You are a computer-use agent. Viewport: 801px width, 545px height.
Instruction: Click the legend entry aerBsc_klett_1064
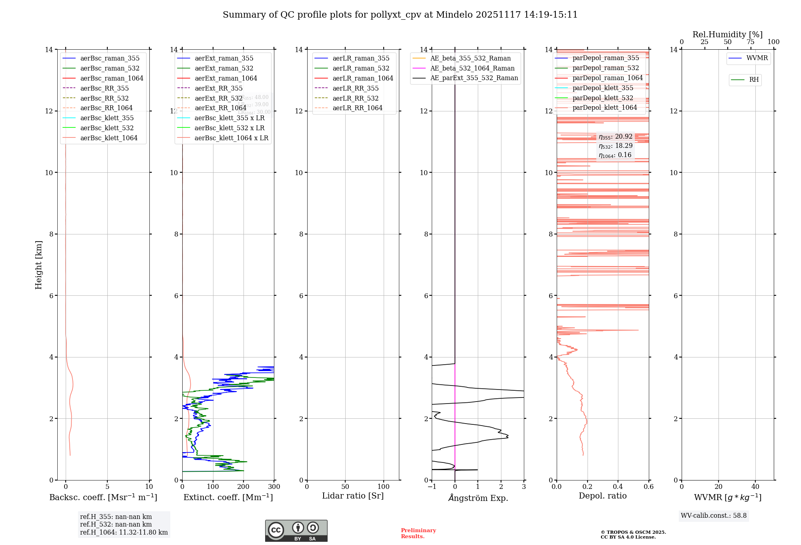click(109, 138)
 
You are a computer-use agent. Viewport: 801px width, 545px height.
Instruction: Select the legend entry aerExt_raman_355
click(224, 59)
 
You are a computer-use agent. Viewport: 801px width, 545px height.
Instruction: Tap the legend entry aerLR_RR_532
click(355, 98)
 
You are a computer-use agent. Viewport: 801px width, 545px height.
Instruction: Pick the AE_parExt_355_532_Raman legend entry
click(474, 78)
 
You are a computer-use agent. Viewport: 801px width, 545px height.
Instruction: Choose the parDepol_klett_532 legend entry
click(603, 98)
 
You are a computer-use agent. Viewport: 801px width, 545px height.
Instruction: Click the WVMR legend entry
click(757, 59)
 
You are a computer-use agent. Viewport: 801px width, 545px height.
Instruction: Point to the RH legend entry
click(754, 80)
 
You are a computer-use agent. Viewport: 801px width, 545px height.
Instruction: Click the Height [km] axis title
click(38, 265)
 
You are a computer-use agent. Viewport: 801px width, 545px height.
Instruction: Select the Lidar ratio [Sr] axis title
click(353, 496)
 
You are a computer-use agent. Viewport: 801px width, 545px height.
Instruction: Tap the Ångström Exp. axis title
click(478, 498)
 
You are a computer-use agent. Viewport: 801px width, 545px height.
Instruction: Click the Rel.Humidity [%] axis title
click(727, 34)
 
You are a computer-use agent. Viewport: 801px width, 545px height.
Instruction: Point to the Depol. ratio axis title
click(602, 496)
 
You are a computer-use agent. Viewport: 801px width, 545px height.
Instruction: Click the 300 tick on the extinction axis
click(274, 487)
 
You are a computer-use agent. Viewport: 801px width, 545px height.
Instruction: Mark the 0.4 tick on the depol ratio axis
click(618, 487)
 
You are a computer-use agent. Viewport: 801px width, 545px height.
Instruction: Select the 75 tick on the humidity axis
click(751, 42)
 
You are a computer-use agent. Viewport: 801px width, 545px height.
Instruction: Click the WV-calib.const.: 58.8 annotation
click(714, 516)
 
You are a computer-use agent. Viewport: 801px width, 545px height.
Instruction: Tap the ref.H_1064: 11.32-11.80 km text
click(124, 533)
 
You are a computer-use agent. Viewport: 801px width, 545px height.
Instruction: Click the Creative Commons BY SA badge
click(296, 531)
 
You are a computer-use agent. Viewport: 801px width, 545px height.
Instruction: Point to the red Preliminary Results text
click(418, 533)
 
